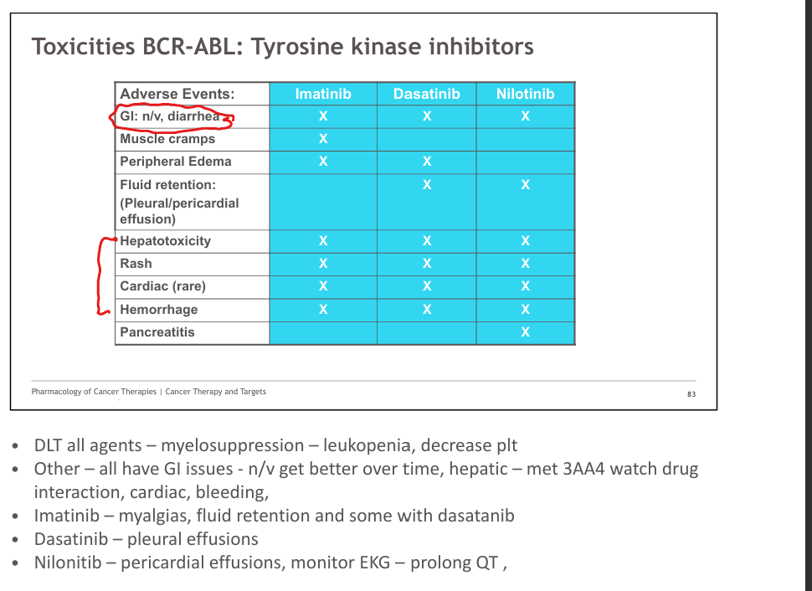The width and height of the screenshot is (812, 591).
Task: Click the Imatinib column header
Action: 323,94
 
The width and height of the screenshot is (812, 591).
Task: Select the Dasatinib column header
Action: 427,94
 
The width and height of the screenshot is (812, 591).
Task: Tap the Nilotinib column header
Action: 525,94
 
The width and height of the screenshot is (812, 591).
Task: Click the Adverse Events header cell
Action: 177,94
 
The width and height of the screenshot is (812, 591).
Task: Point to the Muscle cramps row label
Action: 167,139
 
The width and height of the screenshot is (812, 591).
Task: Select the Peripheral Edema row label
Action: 176,162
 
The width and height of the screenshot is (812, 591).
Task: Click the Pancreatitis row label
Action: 157,332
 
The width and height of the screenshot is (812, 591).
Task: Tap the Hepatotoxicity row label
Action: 165,241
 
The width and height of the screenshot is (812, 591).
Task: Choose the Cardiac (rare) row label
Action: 162,286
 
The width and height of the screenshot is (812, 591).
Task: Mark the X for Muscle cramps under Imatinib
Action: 323,139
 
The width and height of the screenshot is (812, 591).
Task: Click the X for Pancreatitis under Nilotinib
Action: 525,332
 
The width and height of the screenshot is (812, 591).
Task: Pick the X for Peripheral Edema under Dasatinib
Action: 427,162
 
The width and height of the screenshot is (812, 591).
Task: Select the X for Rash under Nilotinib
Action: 525,264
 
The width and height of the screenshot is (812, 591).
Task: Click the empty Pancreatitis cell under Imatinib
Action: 323,333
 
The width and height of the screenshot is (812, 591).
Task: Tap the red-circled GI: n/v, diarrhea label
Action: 170,116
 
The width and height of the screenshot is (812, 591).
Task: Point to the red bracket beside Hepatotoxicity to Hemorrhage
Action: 99,275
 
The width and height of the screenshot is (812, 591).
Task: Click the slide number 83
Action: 691,394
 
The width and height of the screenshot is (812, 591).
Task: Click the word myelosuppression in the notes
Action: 233,445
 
